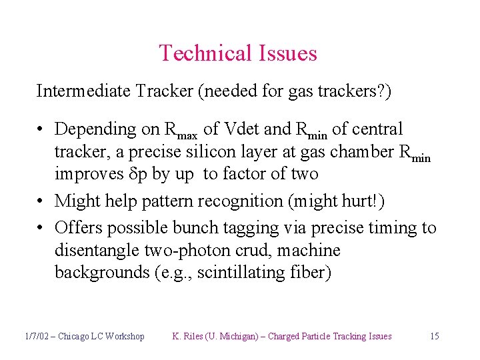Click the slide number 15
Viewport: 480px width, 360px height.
point(434,337)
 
